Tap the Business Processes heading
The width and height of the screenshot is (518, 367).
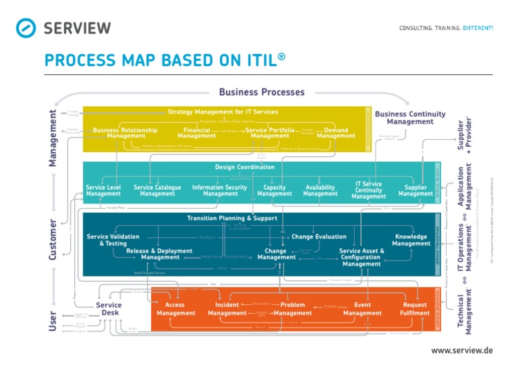click(x=262, y=92)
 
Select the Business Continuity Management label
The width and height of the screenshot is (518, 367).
click(x=410, y=118)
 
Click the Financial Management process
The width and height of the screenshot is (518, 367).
click(x=197, y=133)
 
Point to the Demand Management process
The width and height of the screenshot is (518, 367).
click(x=336, y=133)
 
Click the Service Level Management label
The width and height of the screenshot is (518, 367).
click(x=103, y=191)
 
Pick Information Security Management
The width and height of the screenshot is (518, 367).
click(x=220, y=191)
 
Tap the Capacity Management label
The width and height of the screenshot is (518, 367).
click(x=275, y=191)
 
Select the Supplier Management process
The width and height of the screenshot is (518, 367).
click(x=415, y=191)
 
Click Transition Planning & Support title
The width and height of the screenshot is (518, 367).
click(x=232, y=218)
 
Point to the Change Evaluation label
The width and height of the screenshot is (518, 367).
click(x=319, y=237)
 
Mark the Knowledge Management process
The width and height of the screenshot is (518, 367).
click(x=411, y=240)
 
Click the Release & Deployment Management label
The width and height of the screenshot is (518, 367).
click(x=159, y=254)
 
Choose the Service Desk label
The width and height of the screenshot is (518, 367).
click(x=109, y=309)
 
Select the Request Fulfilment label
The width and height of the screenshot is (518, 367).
click(x=415, y=309)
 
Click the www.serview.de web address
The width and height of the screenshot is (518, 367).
click(x=462, y=350)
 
